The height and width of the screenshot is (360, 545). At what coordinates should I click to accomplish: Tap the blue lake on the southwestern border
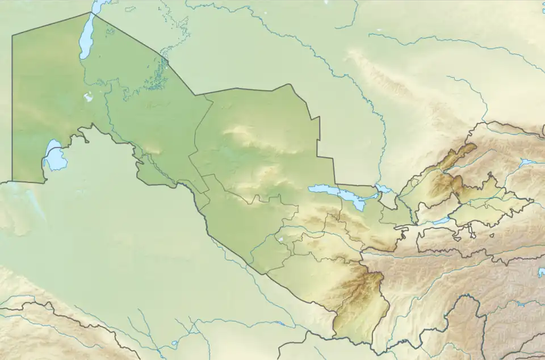(54, 157)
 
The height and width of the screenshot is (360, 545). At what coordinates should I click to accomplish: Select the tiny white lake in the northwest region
(89, 97)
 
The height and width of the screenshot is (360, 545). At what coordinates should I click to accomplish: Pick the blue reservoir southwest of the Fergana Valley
(441, 221)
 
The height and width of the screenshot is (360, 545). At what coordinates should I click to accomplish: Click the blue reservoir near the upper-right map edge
(527, 162)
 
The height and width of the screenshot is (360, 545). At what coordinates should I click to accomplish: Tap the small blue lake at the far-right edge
(541, 273)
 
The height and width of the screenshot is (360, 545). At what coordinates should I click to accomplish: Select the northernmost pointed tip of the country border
(91, 12)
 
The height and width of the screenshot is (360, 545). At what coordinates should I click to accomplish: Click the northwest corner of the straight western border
(12, 36)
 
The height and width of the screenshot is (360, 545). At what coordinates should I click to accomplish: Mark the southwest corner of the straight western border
(12, 182)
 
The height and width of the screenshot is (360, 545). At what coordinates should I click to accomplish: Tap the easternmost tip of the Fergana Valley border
(533, 200)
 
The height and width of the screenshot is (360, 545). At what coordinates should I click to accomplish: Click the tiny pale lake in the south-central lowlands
(280, 240)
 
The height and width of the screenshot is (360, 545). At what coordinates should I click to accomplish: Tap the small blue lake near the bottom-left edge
(174, 344)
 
